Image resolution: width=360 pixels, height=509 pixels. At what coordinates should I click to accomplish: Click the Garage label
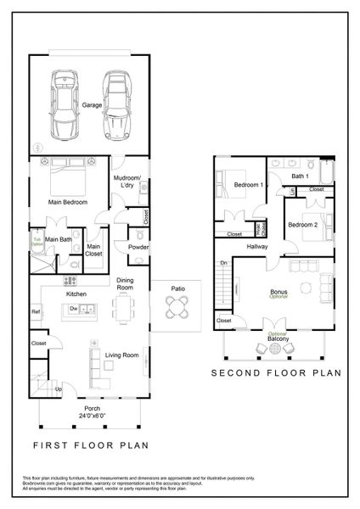[x=92, y=105]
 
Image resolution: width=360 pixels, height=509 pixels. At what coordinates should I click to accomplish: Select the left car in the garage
[x=65, y=104]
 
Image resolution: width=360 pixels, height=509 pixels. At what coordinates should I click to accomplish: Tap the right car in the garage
[x=118, y=104]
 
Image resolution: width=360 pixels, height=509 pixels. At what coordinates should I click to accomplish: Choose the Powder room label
[x=138, y=248]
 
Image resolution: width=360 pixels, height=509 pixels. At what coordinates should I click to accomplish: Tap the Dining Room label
[x=125, y=284]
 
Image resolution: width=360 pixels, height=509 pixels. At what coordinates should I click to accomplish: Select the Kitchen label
[x=77, y=294]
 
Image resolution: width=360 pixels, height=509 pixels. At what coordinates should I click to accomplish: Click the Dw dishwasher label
[x=74, y=308]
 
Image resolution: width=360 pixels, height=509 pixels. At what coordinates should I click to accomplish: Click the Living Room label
[x=121, y=355]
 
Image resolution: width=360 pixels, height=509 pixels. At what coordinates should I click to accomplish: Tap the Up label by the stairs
[x=59, y=389]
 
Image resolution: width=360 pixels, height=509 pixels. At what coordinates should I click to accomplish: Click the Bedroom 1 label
[x=249, y=185]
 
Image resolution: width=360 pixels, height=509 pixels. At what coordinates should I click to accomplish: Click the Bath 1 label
[x=300, y=176]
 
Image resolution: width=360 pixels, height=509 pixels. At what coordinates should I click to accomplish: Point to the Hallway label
[x=257, y=247]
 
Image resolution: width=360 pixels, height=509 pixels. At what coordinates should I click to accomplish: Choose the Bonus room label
[x=278, y=292]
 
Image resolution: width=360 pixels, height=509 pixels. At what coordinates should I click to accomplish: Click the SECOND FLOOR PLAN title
[x=275, y=372]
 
